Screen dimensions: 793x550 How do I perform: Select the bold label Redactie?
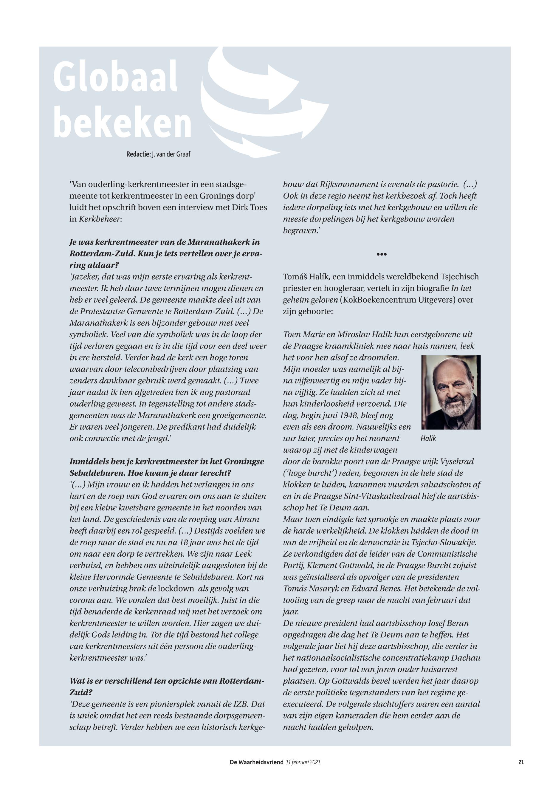(139, 154)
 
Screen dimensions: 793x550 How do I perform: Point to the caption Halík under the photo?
(428, 438)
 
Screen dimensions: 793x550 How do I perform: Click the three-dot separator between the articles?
(382, 254)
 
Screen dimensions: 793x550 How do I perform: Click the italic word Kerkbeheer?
(100, 219)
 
